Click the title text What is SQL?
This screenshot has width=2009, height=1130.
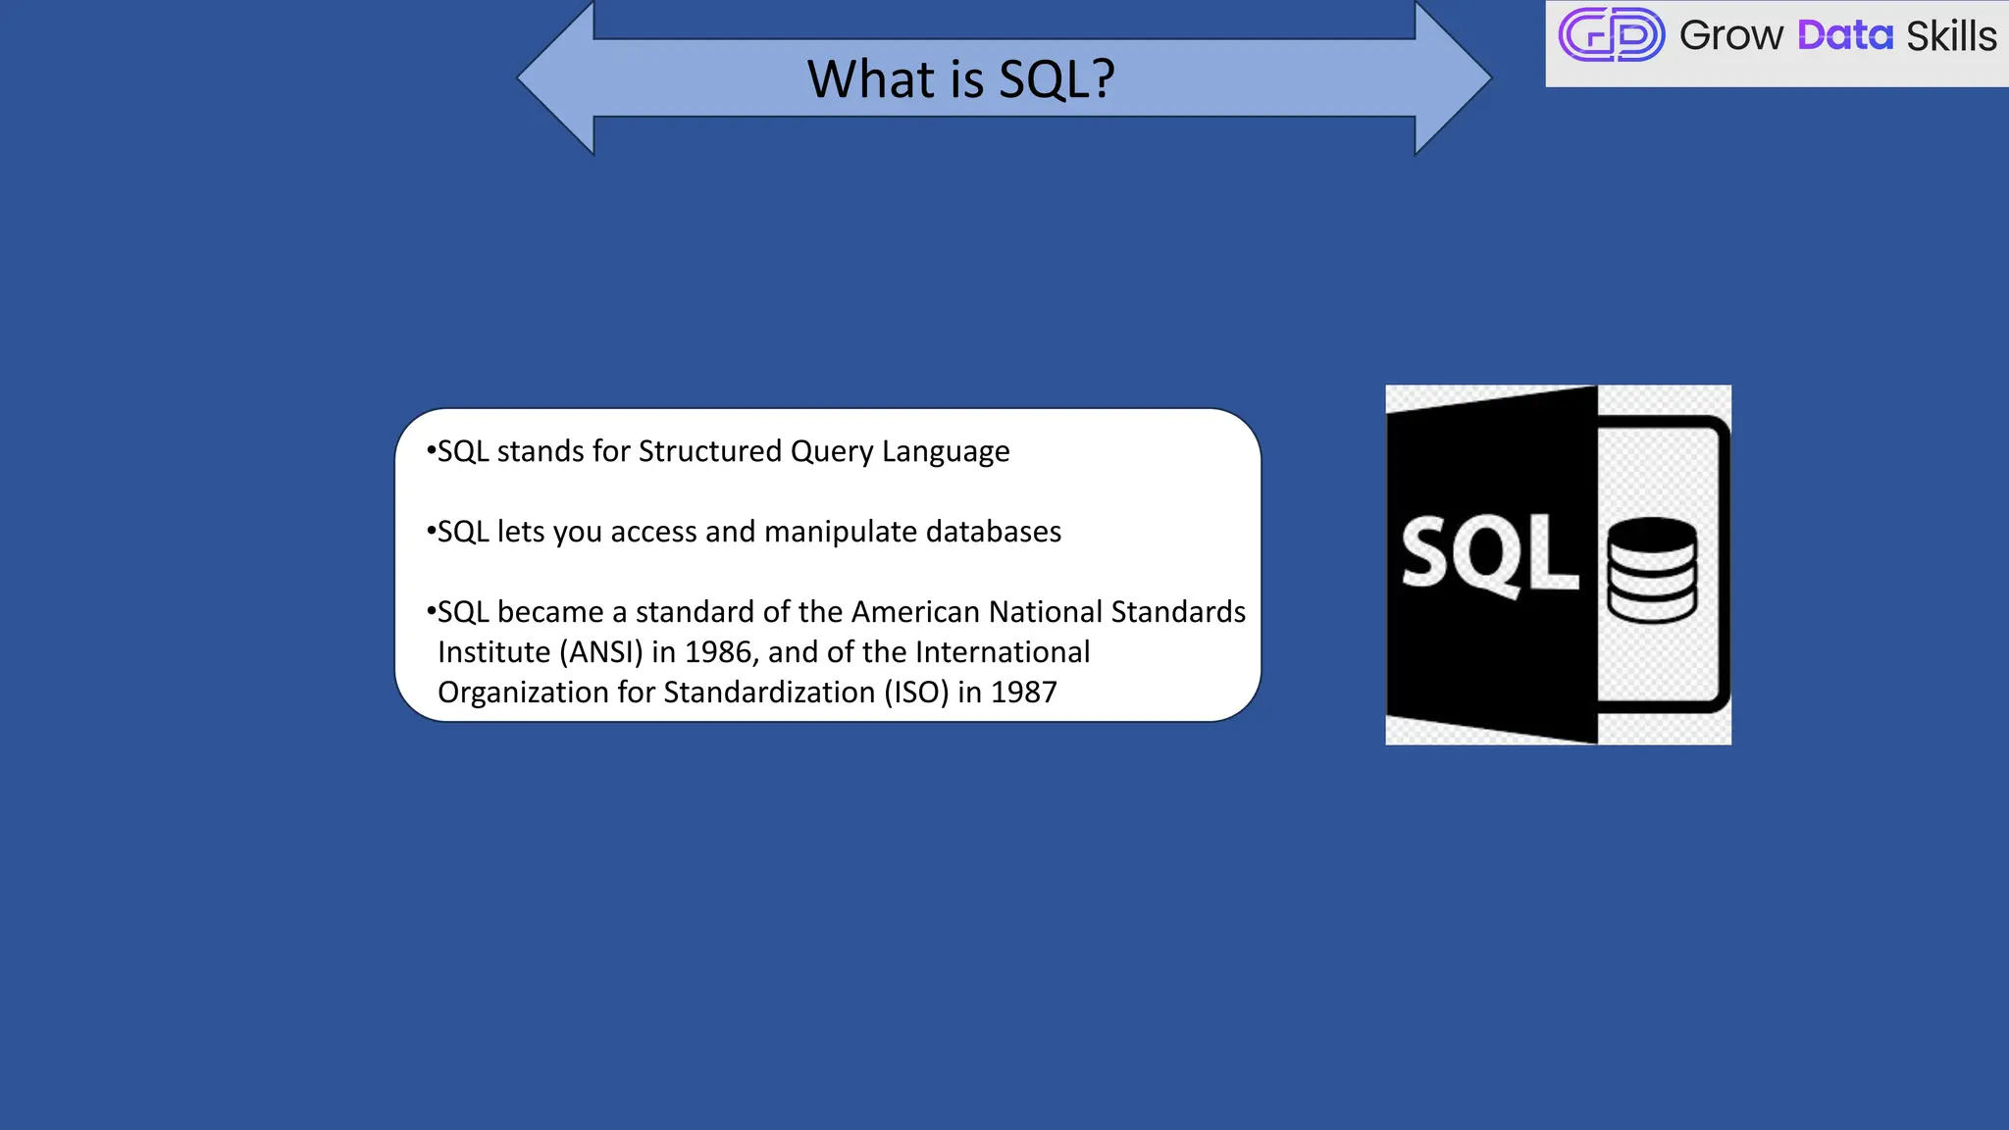click(960, 78)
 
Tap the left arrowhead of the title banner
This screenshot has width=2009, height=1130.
click(554, 78)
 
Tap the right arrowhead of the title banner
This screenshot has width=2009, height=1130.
click(1455, 78)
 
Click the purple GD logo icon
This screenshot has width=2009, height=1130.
click(1611, 35)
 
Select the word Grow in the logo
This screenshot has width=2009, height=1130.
click(1730, 36)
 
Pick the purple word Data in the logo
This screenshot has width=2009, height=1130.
click(1844, 36)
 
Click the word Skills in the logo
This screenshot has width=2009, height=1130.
click(1950, 36)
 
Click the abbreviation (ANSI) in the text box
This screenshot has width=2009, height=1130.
click(600, 652)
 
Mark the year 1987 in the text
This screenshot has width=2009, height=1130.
click(1023, 693)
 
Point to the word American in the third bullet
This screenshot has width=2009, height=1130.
click(915, 612)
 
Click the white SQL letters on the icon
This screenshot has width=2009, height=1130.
click(1488, 554)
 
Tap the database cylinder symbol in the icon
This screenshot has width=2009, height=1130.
click(1652, 570)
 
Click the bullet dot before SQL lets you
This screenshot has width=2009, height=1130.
click(431, 532)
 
